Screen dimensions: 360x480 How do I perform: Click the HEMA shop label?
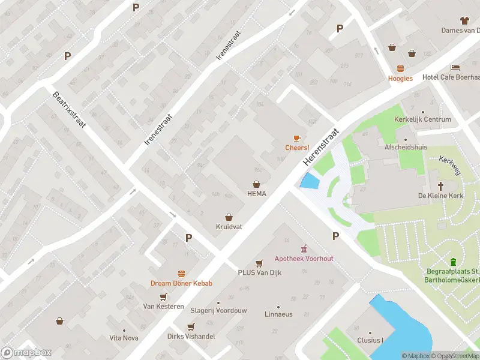point(256,193)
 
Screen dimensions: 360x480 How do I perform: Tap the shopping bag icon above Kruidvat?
point(229,217)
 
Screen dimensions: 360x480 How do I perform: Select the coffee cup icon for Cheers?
point(297,139)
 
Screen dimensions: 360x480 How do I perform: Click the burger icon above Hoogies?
point(400,68)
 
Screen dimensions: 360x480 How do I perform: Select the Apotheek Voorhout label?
point(304,259)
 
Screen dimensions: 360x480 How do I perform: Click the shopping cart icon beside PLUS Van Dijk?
point(259,263)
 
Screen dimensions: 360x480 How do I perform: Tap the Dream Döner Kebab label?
point(181,283)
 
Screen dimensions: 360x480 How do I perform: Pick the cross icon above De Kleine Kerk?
point(441,186)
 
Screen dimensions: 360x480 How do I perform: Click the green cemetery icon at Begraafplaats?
point(453,262)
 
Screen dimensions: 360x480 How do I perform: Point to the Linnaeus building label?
point(278,314)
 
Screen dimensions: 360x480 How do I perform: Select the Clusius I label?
point(370,340)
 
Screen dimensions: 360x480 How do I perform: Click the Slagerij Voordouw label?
point(218,310)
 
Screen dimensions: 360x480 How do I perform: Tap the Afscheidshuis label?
point(401,146)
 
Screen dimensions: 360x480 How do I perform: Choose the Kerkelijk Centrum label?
point(422,119)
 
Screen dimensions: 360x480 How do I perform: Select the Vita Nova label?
point(124,338)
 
